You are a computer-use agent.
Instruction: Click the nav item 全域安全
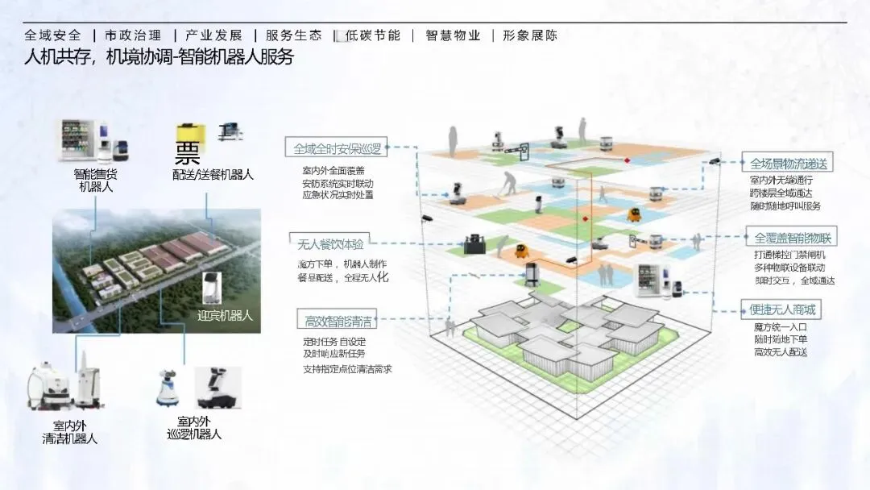53,35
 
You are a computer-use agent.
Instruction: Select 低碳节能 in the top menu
372,35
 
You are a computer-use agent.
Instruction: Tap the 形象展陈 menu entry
529,35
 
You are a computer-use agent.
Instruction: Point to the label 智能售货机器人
96,181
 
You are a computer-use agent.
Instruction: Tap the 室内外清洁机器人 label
70,432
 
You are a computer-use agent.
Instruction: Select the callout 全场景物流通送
789,163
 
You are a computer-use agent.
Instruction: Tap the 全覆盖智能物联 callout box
793,239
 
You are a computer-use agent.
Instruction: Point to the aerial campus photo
156,270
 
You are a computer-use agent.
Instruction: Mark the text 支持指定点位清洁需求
347,369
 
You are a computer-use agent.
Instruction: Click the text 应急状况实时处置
338,195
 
